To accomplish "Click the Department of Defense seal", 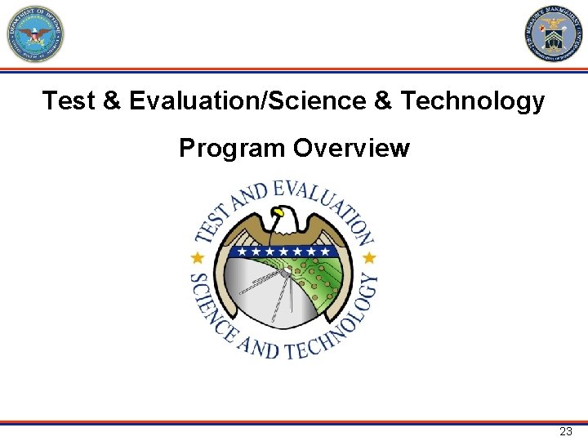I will pos(35,34).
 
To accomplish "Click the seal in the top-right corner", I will pos(553,34).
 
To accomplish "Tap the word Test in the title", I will pos(69,101).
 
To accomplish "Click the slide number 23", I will pos(566,431).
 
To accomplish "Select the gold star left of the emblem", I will pos(196,258).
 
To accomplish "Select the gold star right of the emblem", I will pos(369,258).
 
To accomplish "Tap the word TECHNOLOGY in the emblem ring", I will pos(335,327).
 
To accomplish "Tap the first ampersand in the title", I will pos(113,101).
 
